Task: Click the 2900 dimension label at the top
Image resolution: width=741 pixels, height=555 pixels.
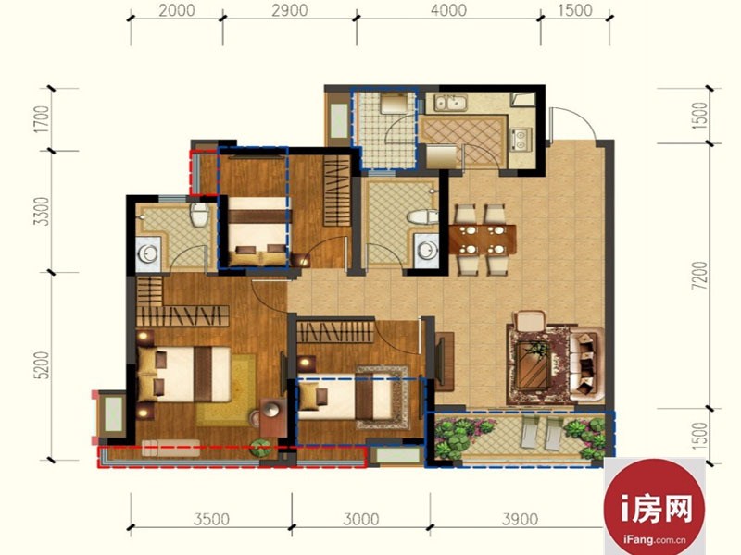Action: [x=289, y=10]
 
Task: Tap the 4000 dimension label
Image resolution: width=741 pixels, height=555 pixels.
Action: [x=448, y=10]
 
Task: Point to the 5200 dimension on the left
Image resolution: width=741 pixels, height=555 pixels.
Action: [x=42, y=364]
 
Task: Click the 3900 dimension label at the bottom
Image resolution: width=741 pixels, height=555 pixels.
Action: [x=520, y=519]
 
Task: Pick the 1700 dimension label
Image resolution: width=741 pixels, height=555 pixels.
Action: [x=42, y=119]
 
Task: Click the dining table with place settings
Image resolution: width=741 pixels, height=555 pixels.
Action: [x=482, y=240]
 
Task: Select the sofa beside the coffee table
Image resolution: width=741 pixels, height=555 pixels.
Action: [x=586, y=364]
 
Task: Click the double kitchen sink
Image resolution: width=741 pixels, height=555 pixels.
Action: [x=452, y=103]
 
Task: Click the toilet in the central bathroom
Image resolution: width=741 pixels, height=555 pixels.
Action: [x=421, y=217]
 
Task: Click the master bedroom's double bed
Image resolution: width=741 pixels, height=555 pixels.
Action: [x=183, y=375]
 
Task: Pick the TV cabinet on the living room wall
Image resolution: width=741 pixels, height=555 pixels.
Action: [x=445, y=362]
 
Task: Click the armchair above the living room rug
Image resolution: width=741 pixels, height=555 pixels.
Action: [x=529, y=321]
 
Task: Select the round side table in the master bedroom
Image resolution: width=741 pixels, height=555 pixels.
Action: [x=272, y=410]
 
